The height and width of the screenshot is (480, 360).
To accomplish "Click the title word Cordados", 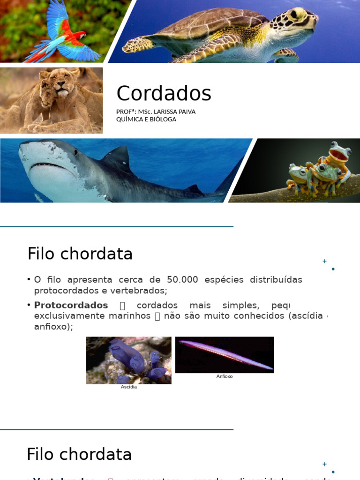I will [164, 93].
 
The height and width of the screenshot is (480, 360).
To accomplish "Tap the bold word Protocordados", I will [71, 305].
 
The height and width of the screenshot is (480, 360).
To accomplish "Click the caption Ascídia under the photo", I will [129, 387].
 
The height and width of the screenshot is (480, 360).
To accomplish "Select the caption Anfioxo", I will [225, 376].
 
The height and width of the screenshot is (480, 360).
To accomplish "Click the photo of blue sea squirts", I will [129, 360].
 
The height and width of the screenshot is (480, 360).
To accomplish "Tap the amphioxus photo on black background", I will [225, 355].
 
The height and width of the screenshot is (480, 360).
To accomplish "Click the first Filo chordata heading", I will [80, 254].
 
